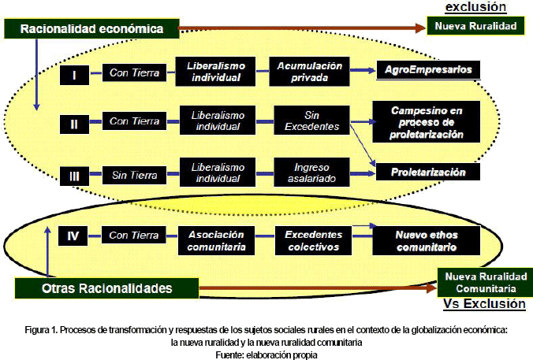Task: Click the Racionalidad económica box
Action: point(92,28)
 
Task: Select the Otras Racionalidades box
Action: point(106,288)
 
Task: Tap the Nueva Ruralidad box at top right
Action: point(481,26)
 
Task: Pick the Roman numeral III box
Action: point(73,175)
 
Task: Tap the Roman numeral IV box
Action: point(73,235)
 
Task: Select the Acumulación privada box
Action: point(303,70)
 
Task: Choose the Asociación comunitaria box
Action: point(216,240)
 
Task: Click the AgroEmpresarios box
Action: point(428,69)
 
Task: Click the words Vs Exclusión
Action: point(483,303)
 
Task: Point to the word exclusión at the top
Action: point(476,7)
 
